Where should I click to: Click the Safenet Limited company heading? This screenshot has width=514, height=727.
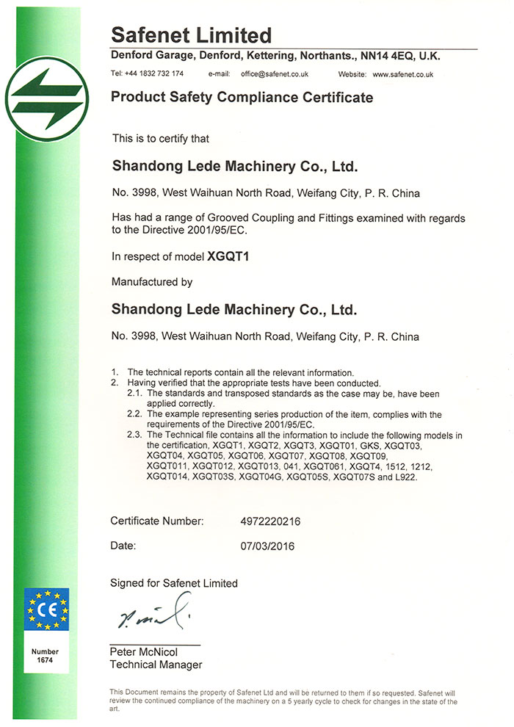pos(192,35)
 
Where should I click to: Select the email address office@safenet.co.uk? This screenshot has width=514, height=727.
pos(273,74)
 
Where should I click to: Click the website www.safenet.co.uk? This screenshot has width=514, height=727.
pos(403,74)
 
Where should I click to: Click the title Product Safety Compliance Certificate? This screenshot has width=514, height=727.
pos(242,98)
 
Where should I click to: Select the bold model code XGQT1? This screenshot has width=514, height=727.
pos(224,257)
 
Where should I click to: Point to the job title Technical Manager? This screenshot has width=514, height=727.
pos(156,665)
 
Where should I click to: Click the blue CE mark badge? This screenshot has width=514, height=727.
pos(47,611)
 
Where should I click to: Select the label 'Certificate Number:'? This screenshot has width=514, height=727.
pos(156,521)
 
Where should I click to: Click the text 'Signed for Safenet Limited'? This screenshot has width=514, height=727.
pos(174,583)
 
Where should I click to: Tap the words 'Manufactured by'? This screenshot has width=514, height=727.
pos(151,281)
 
